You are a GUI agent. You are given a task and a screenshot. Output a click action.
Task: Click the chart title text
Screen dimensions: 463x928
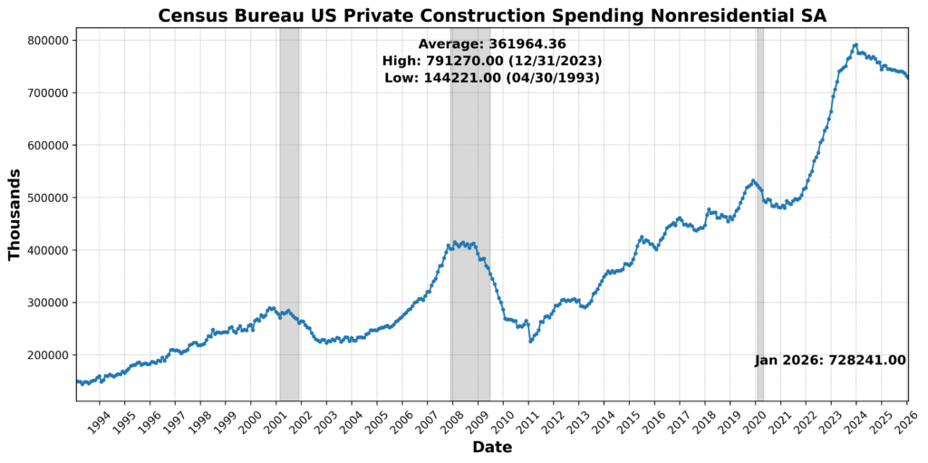pyautogui.click(x=492, y=15)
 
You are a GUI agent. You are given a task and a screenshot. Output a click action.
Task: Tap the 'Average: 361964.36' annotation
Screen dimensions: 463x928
pyautogui.click(x=492, y=43)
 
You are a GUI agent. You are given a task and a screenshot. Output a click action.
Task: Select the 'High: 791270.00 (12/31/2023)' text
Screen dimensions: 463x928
pyautogui.click(x=492, y=61)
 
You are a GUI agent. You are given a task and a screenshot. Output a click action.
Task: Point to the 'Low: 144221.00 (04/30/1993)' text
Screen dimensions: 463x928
pyautogui.click(x=492, y=78)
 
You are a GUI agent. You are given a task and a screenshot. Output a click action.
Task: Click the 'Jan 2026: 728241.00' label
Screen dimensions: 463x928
pyautogui.click(x=830, y=360)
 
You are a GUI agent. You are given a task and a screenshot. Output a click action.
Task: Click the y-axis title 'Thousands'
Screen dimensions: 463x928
pyautogui.click(x=14, y=214)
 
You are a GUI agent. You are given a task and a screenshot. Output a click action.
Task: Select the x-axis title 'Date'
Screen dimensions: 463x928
pyautogui.click(x=492, y=448)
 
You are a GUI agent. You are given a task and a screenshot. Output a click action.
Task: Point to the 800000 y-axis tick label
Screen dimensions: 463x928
pyautogui.click(x=46, y=41)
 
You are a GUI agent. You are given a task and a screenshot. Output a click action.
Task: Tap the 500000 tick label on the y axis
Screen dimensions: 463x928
pyautogui.click(x=46, y=198)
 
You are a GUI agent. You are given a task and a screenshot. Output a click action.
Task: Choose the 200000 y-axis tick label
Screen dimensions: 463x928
pyautogui.click(x=46, y=355)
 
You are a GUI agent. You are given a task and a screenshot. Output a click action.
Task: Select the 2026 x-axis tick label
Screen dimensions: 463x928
pyautogui.click(x=904, y=420)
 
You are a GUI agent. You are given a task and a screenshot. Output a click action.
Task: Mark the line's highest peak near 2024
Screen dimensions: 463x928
pyautogui.click(x=855, y=44)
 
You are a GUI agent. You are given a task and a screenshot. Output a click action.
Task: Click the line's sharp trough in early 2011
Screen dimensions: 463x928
pyautogui.click(x=530, y=341)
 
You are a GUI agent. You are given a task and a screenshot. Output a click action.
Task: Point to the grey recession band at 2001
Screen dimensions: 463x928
pyautogui.click(x=289, y=214)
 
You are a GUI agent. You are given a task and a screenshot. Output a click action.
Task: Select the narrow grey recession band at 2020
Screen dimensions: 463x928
pyautogui.click(x=760, y=214)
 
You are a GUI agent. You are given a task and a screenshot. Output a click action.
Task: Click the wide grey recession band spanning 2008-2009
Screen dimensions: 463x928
pyautogui.click(x=470, y=214)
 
